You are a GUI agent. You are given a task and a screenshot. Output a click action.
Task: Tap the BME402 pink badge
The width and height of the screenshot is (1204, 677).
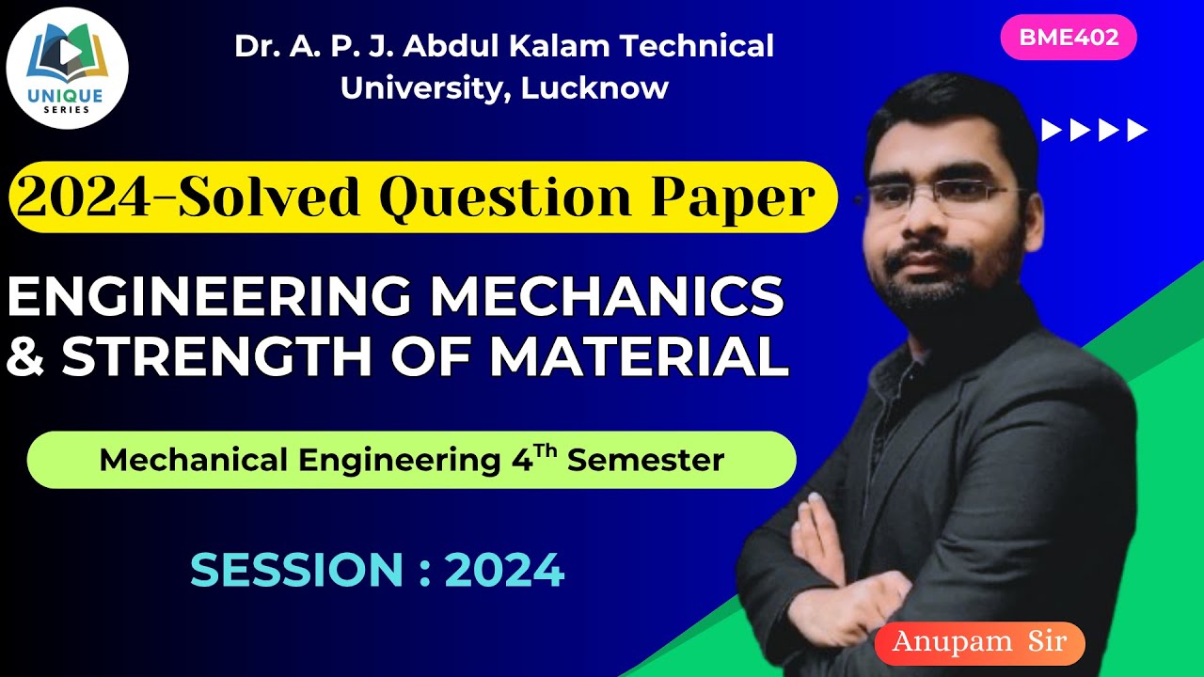pos(1069,38)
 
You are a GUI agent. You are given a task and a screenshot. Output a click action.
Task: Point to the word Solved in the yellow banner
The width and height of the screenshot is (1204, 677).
pos(277,197)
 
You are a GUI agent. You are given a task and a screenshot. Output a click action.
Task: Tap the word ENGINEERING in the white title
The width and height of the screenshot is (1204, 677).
pos(209,297)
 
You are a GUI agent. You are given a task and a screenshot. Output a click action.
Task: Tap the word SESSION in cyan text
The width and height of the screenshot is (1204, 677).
pos(296,570)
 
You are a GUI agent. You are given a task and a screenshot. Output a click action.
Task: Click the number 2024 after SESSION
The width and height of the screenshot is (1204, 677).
pos(504,570)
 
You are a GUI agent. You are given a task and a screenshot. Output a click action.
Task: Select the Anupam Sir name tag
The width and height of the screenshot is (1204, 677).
pos(979,642)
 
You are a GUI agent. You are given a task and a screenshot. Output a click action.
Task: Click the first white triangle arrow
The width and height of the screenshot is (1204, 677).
pos(1052,130)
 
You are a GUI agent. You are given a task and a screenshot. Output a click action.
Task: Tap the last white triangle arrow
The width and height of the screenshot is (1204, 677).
pos(1138,130)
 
